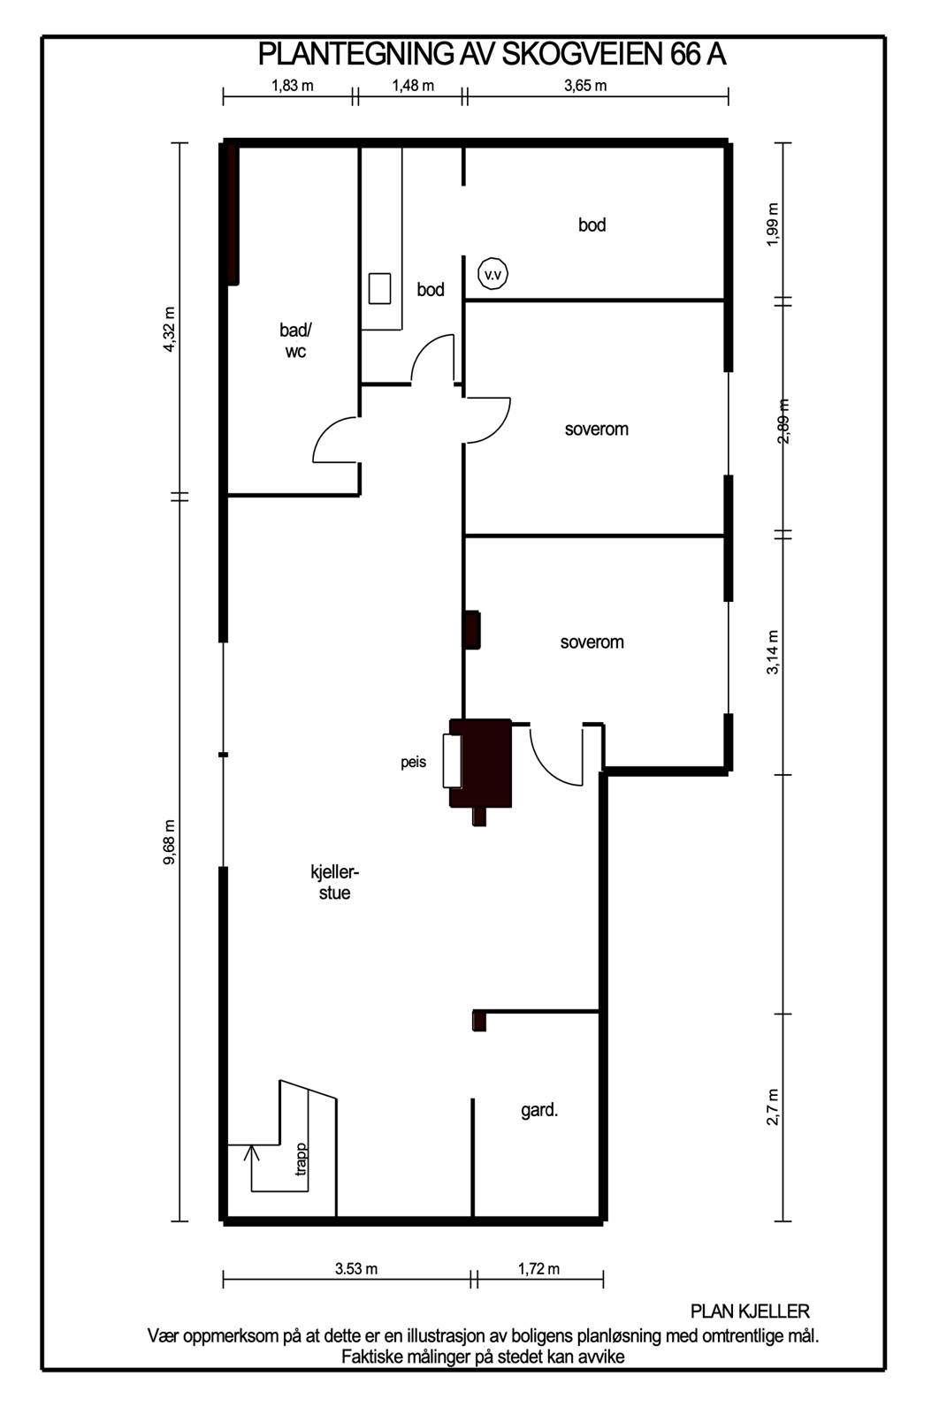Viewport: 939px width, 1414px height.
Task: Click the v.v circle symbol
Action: point(492,275)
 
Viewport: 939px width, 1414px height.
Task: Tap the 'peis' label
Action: point(413,762)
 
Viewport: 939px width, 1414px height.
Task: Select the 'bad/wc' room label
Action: point(295,340)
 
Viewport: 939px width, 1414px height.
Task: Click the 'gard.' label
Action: point(539,1110)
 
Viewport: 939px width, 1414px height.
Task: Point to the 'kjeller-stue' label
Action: point(334,882)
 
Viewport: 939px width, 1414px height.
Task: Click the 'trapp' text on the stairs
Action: point(302,1159)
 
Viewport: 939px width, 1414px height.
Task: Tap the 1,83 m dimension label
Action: point(292,86)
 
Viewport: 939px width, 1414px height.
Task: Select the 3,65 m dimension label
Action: point(585,86)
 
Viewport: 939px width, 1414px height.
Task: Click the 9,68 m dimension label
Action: point(170,842)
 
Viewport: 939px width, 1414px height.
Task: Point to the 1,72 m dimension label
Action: point(538,1269)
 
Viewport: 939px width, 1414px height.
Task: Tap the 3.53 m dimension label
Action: point(356,1269)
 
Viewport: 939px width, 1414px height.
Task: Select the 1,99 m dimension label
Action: point(774,225)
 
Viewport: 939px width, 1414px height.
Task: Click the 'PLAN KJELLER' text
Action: point(750,1311)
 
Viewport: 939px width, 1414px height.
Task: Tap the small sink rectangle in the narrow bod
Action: point(379,289)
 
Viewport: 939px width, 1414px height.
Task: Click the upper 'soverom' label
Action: point(596,430)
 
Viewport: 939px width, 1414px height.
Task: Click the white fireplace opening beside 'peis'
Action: point(453,761)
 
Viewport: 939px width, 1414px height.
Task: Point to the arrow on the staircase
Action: point(252,1152)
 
